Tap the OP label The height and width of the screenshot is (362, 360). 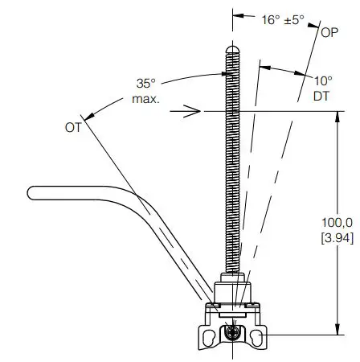(x=329, y=33)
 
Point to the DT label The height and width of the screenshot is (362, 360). (x=321, y=96)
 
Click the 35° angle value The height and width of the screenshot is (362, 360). (x=145, y=84)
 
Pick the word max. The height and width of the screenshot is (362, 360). (x=145, y=99)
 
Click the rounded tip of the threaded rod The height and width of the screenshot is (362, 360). (x=232, y=49)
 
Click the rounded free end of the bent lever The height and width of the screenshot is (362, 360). (x=32, y=192)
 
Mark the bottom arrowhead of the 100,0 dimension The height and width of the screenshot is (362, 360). (x=335, y=327)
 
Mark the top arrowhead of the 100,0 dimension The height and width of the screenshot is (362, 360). (x=335, y=117)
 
